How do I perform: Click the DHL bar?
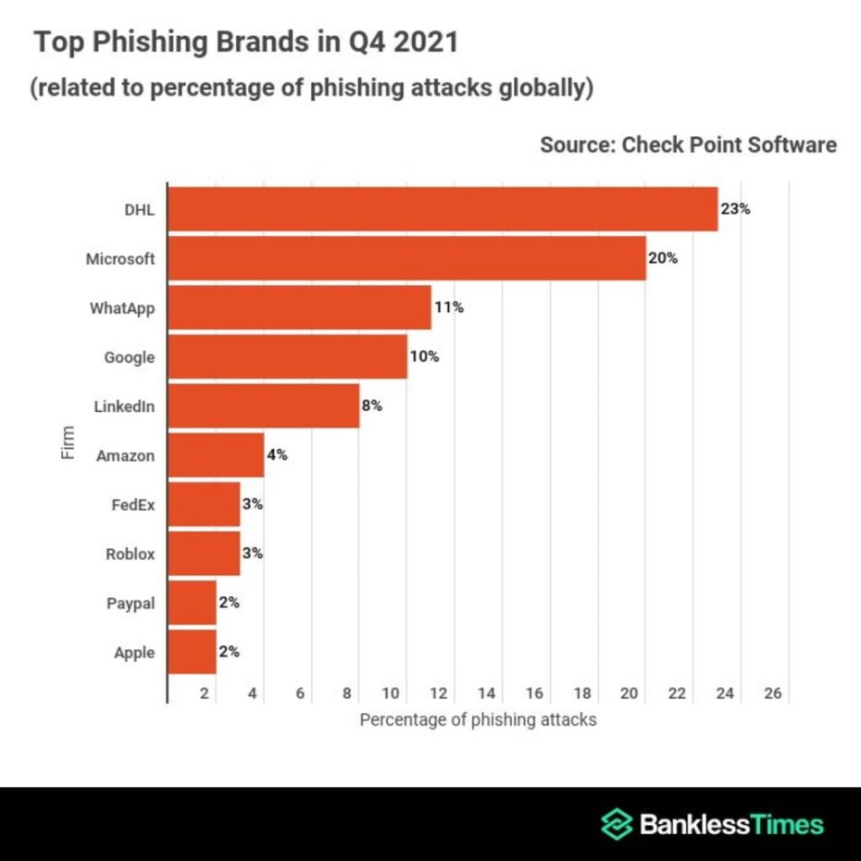(443, 209)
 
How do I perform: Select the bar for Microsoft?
(406, 258)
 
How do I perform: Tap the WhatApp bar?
(299, 307)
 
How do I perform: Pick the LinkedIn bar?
(263, 406)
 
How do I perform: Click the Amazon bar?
(216, 455)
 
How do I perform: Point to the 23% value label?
(735, 209)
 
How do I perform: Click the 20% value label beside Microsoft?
(663, 258)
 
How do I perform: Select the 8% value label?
(371, 406)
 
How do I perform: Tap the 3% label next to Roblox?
(252, 554)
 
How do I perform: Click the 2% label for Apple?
(229, 652)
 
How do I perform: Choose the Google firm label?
(130, 357)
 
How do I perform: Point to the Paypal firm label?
(131, 604)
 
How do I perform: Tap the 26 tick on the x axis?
(773, 693)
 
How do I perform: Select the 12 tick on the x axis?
(439, 693)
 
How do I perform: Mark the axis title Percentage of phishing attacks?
(478, 719)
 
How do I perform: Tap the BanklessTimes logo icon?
(616, 823)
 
